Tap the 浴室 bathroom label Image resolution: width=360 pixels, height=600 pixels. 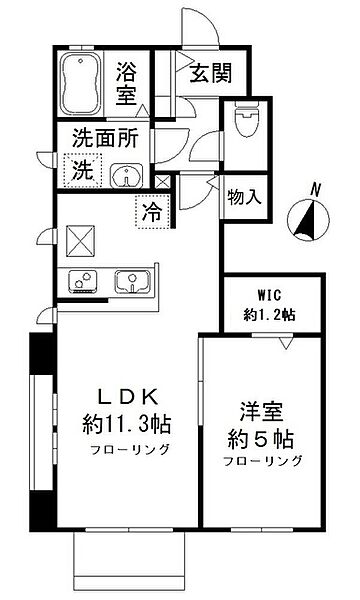(127, 83)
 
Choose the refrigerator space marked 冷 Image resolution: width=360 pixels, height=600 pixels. (151, 211)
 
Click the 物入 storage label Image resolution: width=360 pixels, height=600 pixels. (245, 197)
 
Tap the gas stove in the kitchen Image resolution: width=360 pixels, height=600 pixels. (83, 281)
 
